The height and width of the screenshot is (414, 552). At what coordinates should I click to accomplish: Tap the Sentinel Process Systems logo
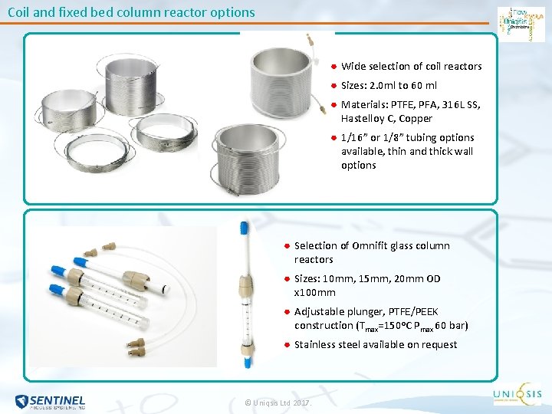point(50,401)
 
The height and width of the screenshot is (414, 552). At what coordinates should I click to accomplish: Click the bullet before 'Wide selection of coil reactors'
point(333,66)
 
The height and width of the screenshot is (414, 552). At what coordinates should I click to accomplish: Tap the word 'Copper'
point(416,119)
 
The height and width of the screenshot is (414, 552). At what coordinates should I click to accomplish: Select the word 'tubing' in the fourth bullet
point(417,138)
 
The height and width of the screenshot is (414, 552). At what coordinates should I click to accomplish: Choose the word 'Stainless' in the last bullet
point(317,345)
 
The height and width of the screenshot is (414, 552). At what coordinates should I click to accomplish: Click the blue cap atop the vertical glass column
point(245,228)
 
